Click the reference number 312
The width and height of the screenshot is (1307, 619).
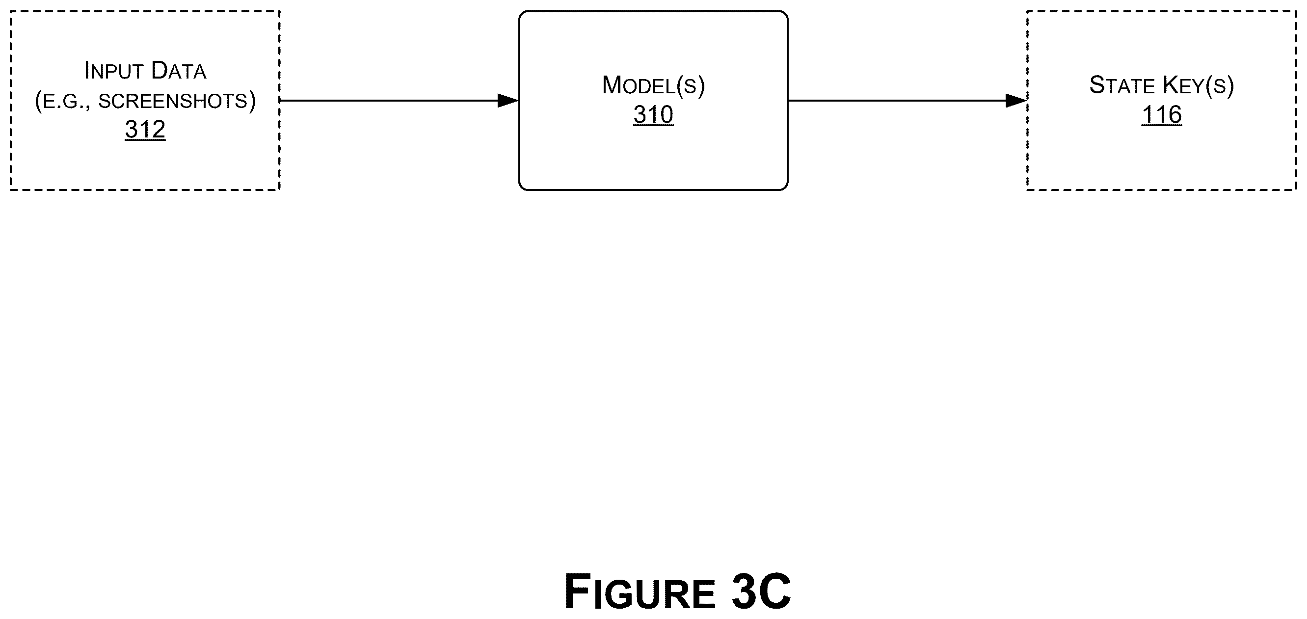click(145, 130)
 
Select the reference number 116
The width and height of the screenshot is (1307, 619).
click(1162, 115)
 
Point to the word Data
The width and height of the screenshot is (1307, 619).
click(179, 71)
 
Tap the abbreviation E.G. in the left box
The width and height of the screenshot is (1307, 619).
click(66, 102)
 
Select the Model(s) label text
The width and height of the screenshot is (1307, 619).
click(654, 85)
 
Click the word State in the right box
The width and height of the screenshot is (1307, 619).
click(1122, 85)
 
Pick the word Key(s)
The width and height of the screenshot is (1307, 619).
click(1198, 85)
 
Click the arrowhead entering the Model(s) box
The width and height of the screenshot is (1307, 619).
click(508, 101)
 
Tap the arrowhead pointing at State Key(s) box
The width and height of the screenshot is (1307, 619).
click(1016, 101)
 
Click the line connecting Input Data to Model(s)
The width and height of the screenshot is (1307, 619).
click(399, 101)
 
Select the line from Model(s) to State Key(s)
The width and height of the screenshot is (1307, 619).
click(907, 101)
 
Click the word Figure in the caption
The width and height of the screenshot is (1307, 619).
click(640, 592)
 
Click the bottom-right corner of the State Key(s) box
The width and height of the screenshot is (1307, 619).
click(1296, 190)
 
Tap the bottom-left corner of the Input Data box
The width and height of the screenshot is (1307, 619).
click(11, 190)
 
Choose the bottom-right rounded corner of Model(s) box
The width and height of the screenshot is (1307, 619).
click(785, 187)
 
